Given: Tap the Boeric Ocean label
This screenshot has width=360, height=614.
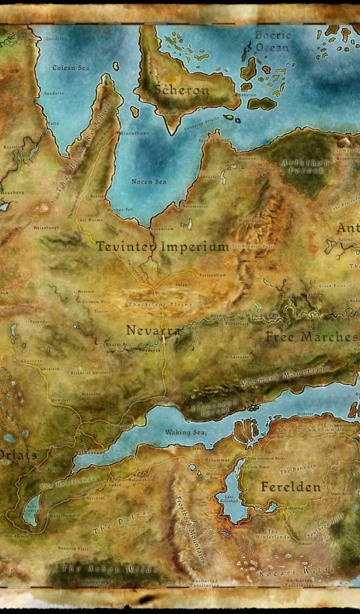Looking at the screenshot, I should tap(272, 41).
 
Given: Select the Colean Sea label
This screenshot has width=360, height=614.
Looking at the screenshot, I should tap(71, 68).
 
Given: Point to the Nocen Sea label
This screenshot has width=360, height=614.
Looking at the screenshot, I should tap(149, 181).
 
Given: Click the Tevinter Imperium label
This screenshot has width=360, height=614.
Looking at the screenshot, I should tap(162, 246).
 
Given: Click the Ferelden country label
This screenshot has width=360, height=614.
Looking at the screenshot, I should tap(290, 487).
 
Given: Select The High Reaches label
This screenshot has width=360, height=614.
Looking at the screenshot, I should tap(84, 147).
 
